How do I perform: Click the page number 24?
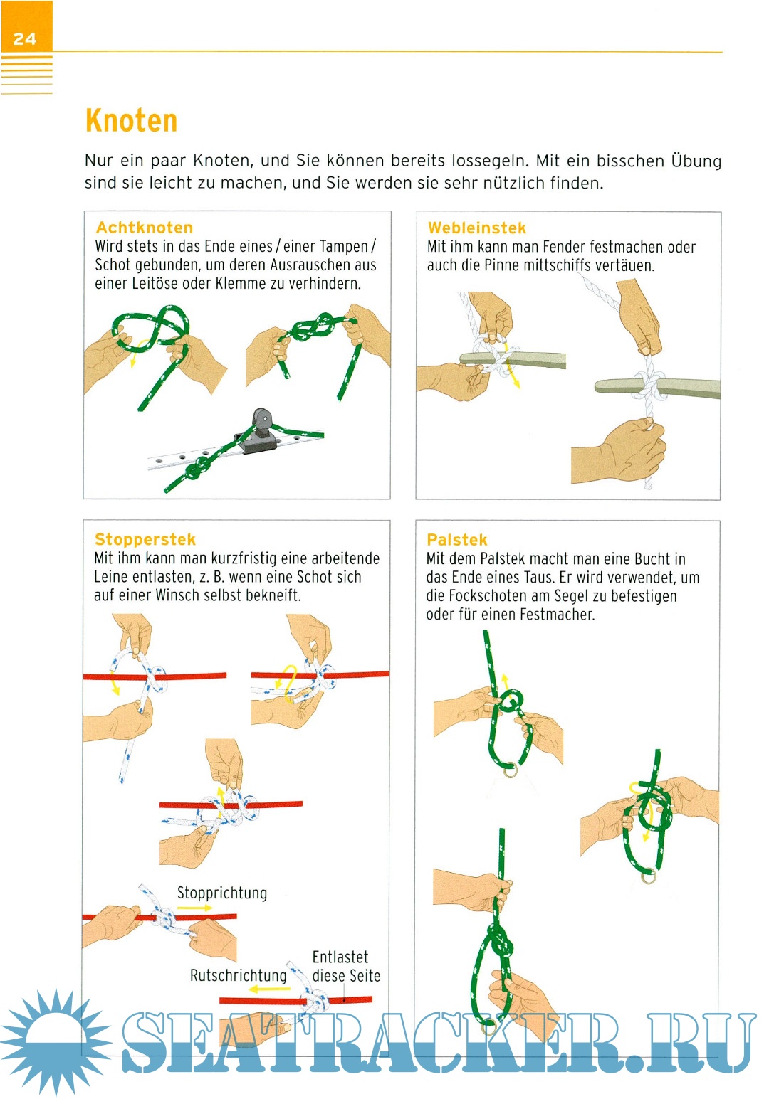point(24,38)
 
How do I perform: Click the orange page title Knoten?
point(131,121)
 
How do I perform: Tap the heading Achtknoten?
point(145,227)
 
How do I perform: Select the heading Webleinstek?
point(477,228)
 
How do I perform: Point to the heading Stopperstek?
point(145,539)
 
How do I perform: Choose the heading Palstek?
point(456,540)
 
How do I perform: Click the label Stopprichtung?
point(222,893)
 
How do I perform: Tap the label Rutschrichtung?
point(238,976)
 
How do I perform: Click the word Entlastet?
point(340,957)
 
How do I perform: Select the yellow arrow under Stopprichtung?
point(194,908)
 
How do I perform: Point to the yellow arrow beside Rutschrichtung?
point(269,989)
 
